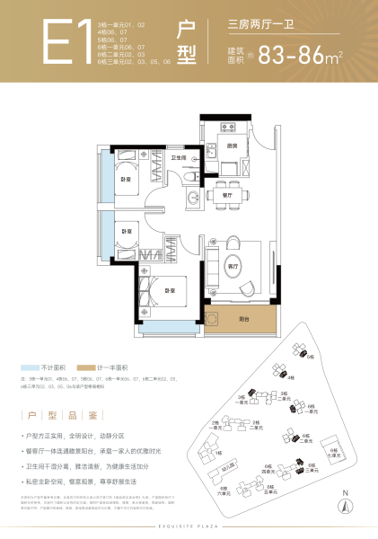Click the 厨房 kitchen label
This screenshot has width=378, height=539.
232,146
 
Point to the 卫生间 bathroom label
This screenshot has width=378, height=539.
178,158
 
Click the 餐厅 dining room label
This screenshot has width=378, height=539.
226,193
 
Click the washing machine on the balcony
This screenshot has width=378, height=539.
212,317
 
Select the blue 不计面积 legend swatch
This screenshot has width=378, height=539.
31,368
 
